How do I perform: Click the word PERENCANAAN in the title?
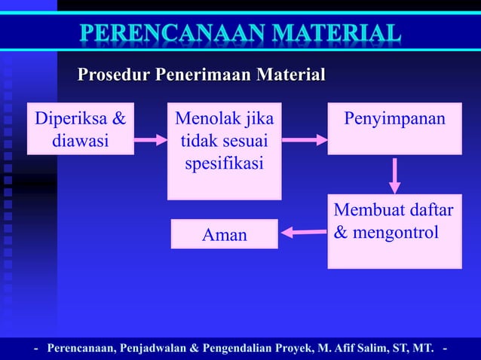pyautogui.click(x=164, y=34)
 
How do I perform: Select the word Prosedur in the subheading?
pyautogui.click(x=114, y=75)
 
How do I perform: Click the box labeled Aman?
pyautogui.click(x=224, y=234)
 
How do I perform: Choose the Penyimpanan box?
pyautogui.click(x=394, y=128)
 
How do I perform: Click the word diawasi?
pyautogui.click(x=80, y=140)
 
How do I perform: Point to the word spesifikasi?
pyautogui.click(x=224, y=162)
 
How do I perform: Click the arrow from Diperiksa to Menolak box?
pyautogui.click(x=150, y=139)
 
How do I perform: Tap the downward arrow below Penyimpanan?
pyautogui.click(x=394, y=175)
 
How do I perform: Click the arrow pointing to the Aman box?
pyautogui.click(x=303, y=232)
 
